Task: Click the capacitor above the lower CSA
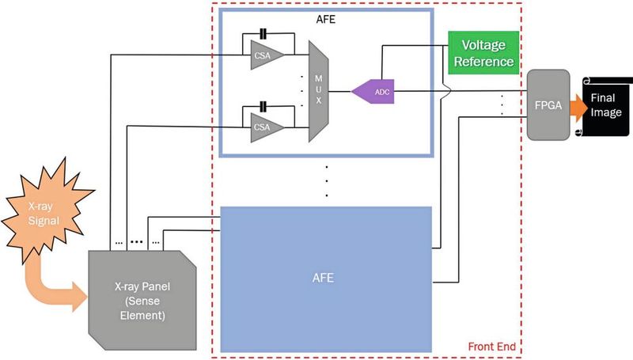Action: tap(263, 104)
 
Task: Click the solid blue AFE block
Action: tap(326, 279)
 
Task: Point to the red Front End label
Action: tap(492, 346)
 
